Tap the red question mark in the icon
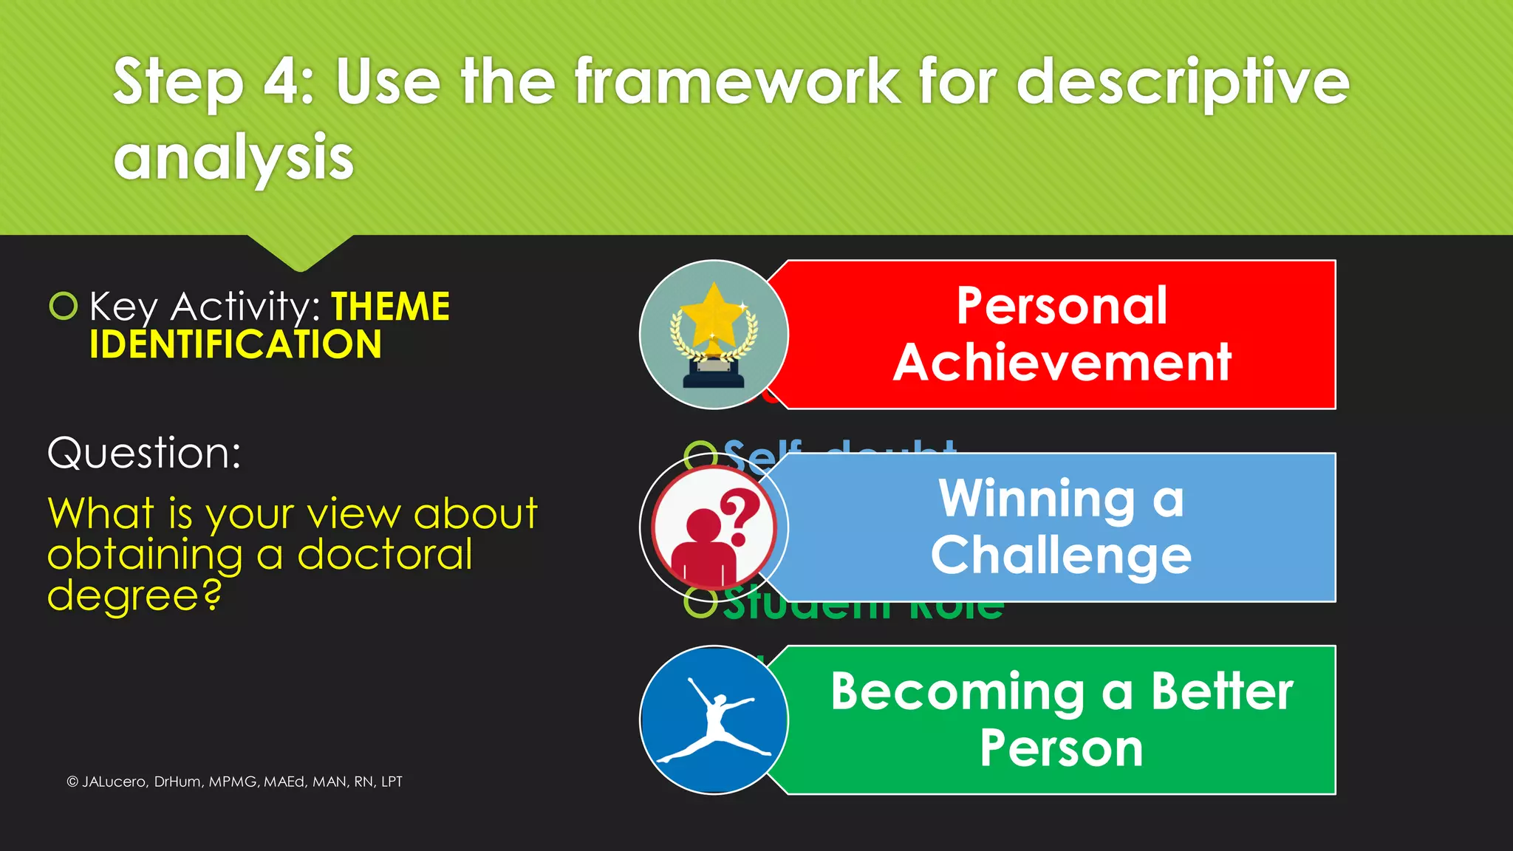click(x=740, y=516)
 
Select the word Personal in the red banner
click(x=1062, y=305)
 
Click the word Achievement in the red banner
click(x=1062, y=362)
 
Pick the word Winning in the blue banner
click(x=1036, y=499)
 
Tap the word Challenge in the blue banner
click(x=1061, y=556)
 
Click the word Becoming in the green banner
click(x=957, y=692)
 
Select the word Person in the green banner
click(x=1062, y=749)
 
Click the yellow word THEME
click(x=390, y=306)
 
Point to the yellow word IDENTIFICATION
click(x=235, y=344)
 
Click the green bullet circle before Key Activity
click(x=64, y=305)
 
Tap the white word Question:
click(x=144, y=452)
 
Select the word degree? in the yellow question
click(x=134, y=595)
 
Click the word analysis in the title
click(x=233, y=157)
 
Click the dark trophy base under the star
click(x=713, y=377)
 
